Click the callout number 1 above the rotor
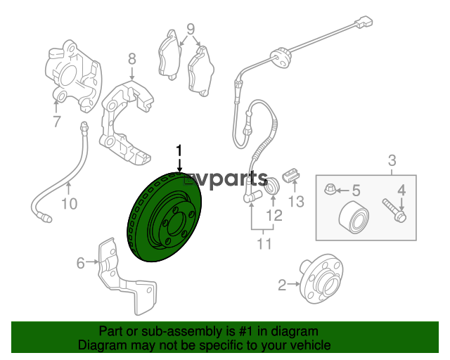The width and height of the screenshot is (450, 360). (x=179, y=151)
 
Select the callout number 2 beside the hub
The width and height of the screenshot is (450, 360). (x=282, y=285)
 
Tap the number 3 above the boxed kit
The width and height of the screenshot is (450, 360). (x=392, y=160)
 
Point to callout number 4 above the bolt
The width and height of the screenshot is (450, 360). (x=401, y=190)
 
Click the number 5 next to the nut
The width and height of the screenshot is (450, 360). (x=356, y=191)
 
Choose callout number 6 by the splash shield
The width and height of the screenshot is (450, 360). (x=81, y=263)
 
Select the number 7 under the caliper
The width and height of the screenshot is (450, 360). (x=57, y=122)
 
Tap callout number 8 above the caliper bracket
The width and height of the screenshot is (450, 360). (x=131, y=59)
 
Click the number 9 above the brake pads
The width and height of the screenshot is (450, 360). (x=191, y=29)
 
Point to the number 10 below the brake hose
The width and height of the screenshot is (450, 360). (x=70, y=204)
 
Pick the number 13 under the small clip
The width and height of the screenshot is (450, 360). (x=296, y=202)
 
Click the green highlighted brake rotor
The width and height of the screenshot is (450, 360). (x=164, y=217)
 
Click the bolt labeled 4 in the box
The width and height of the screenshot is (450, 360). (x=394, y=211)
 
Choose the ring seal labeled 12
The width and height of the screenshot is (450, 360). (x=271, y=186)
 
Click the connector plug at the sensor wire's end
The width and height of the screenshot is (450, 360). (x=364, y=22)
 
